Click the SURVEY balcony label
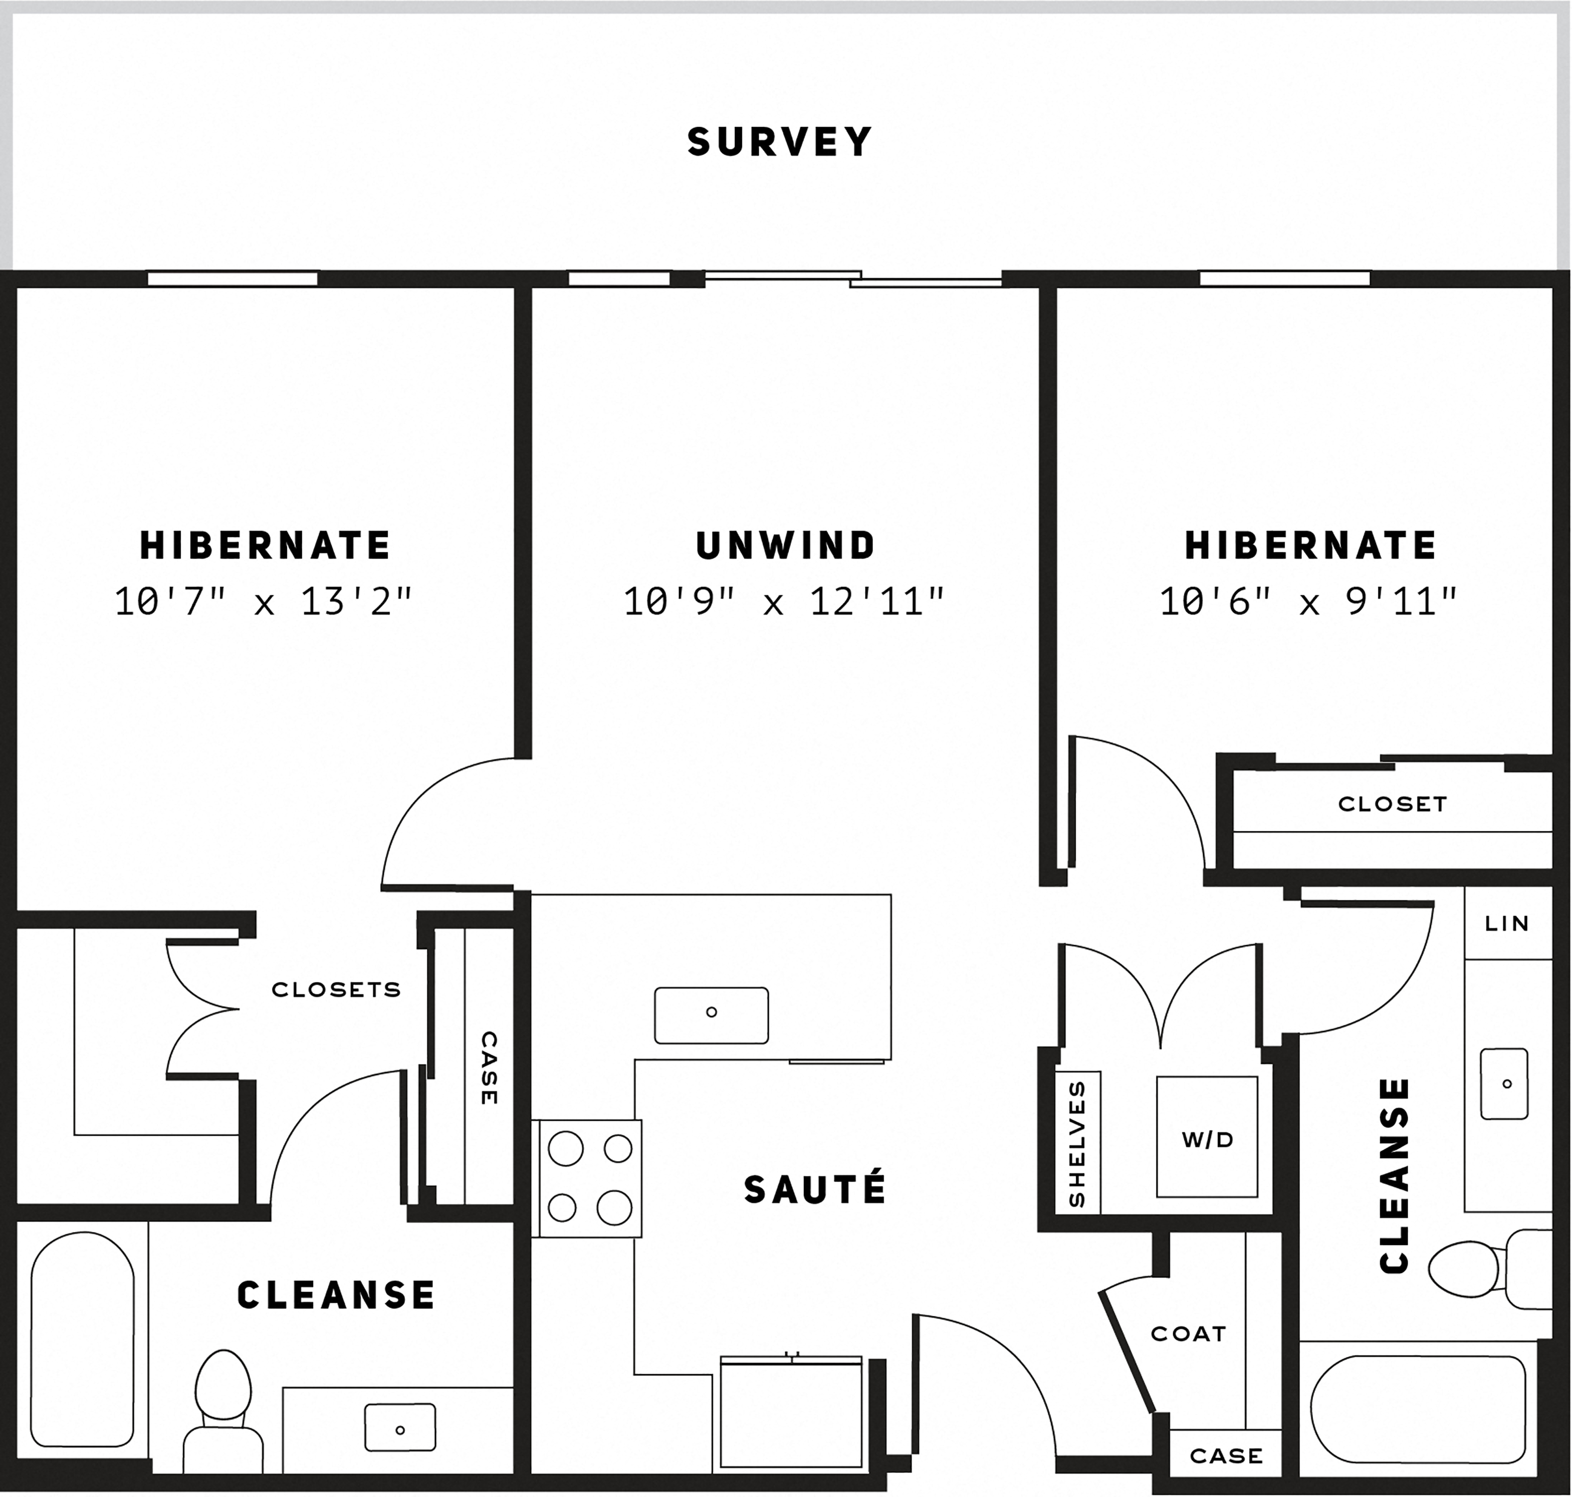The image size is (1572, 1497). tap(780, 142)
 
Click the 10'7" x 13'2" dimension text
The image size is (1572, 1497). tap(264, 602)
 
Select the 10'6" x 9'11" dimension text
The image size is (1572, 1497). tap(1309, 602)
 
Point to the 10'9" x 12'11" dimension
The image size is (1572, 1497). tap(784, 602)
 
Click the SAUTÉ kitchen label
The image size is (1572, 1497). tap(815, 1190)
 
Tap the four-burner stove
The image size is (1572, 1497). tap(588, 1180)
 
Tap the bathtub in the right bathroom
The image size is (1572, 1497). tap(1417, 1411)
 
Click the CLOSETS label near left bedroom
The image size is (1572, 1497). tap(336, 990)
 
